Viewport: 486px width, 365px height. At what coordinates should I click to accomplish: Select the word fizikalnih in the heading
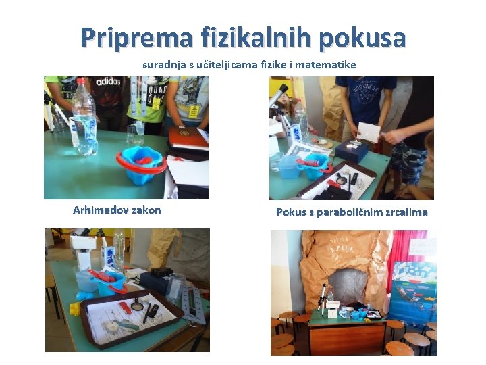coord(256,37)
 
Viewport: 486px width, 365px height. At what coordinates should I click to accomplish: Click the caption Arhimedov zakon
coord(117,210)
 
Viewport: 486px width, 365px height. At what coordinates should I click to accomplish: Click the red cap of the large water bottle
coord(80,81)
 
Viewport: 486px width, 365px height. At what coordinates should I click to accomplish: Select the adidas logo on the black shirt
coord(108,82)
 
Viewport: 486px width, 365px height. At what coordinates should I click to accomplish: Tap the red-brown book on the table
coord(187,137)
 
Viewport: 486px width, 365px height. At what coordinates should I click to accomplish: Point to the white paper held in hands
coord(369,132)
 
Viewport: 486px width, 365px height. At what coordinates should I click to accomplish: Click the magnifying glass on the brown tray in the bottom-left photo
coord(136,304)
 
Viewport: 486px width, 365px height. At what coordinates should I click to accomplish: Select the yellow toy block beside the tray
coord(75,309)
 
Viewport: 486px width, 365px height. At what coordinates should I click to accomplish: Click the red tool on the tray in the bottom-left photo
coord(125,308)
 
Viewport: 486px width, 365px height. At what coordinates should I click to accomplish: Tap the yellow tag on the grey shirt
coord(194,112)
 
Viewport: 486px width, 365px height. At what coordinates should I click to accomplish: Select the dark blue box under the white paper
coord(352,151)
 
